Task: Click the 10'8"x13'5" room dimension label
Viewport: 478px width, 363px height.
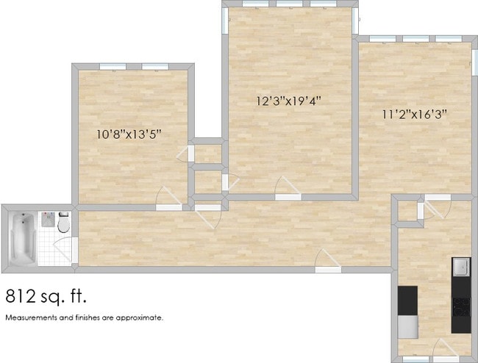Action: pyautogui.click(x=129, y=134)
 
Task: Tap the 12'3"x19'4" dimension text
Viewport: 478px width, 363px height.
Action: pyautogui.click(x=289, y=101)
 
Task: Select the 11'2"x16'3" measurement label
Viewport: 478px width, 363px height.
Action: pyautogui.click(x=415, y=114)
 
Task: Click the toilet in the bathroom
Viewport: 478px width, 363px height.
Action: pyautogui.click(x=63, y=223)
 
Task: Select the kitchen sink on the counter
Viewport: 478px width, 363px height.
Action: pyautogui.click(x=460, y=265)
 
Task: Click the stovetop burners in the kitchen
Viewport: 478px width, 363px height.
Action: pyautogui.click(x=461, y=304)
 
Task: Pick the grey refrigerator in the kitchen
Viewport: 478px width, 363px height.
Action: pyautogui.click(x=407, y=324)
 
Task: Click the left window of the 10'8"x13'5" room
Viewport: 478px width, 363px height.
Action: pyautogui.click(x=110, y=67)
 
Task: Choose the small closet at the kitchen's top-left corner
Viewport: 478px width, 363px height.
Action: pyautogui.click(x=407, y=209)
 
